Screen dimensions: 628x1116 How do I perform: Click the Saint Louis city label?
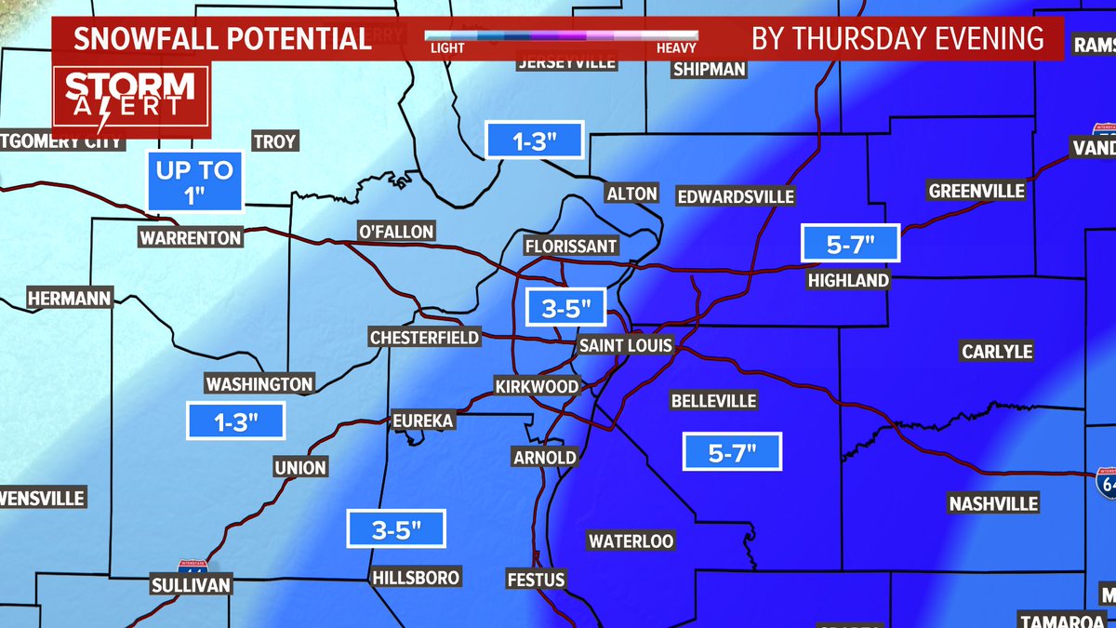[x=625, y=345]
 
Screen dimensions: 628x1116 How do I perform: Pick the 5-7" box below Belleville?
[x=732, y=453]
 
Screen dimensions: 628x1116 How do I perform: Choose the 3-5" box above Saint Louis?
[x=566, y=308]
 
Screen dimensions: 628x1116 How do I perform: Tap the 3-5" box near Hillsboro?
[x=397, y=530]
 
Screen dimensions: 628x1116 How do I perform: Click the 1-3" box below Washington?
[x=235, y=422]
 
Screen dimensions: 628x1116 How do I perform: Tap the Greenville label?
[x=976, y=191]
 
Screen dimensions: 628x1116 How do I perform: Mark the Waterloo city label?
[x=631, y=541]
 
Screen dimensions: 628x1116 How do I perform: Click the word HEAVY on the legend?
[x=676, y=48]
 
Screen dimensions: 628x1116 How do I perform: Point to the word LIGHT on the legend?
[x=448, y=48]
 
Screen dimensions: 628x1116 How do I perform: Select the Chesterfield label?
[x=424, y=338]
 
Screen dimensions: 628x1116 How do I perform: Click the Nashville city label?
[x=993, y=503]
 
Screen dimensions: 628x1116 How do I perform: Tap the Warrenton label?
[x=191, y=237]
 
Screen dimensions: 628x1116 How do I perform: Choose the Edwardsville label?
[x=736, y=196]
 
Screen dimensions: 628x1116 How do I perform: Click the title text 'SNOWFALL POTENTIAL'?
[x=223, y=39]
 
